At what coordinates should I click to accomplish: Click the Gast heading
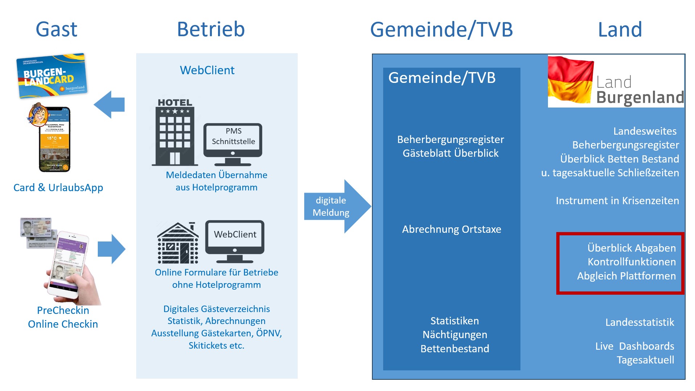coord(56,29)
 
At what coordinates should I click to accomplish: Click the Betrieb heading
coord(211,29)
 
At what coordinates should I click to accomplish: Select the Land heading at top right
coord(620,29)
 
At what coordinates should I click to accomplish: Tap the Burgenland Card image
coord(52,76)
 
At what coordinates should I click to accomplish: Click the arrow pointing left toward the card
coord(109,105)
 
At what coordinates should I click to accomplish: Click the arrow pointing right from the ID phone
coord(112,249)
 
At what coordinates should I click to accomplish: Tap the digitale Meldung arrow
coord(337,206)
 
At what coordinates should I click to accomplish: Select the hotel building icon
coord(175,133)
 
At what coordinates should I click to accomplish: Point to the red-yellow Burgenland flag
coord(570,80)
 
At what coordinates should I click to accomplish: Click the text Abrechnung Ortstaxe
coord(451,229)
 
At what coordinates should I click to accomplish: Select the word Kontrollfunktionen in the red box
coord(632,262)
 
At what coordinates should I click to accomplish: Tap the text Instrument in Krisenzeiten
coord(617,201)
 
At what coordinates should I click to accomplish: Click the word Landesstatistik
coord(640,322)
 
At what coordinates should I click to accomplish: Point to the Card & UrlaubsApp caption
coord(58,188)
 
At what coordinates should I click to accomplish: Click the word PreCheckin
coord(63,310)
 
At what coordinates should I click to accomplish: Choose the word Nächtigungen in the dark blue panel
coord(455,335)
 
